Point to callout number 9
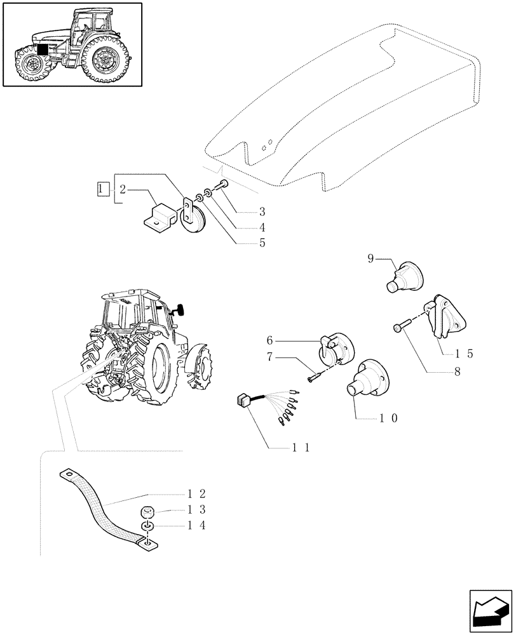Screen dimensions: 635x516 [370, 258]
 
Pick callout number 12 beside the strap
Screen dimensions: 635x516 [196, 493]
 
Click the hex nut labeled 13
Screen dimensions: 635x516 [146, 512]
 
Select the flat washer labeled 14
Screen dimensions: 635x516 [146, 528]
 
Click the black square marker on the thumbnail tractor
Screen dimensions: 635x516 [43, 49]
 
